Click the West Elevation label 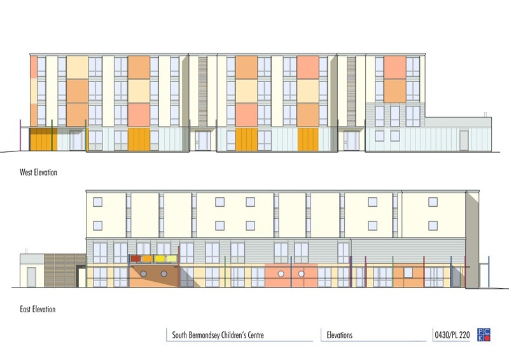tap(38, 172)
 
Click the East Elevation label tap(38, 308)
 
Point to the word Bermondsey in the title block tap(209, 335)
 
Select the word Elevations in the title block tap(340, 335)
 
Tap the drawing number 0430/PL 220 tap(452, 335)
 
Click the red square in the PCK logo tap(487, 338)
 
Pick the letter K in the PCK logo tap(480, 338)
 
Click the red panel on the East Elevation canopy tap(136, 259)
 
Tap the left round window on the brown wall tap(143, 274)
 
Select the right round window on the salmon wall tap(301, 274)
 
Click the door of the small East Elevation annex tap(31, 277)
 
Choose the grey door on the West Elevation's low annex tap(464, 141)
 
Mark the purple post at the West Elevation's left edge tap(20, 135)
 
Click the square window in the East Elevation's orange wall tap(408, 273)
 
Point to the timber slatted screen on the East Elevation tap(65, 271)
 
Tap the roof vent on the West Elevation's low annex tap(485, 114)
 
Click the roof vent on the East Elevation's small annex tap(26, 251)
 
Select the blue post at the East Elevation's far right tap(489, 272)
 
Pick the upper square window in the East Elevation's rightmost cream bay tap(433, 202)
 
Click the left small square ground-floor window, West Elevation tap(379, 135)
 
